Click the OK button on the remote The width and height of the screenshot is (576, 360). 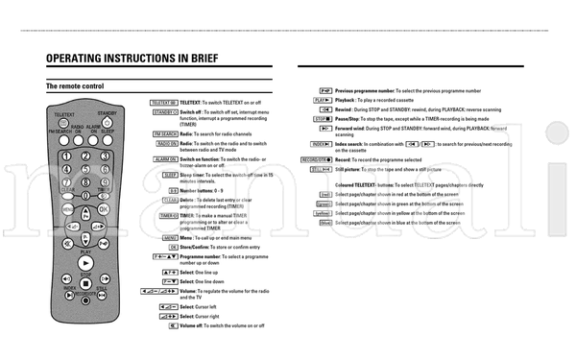[103, 208]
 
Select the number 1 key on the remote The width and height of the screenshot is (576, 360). [66, 156]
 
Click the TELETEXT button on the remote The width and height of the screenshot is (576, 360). [64, 123]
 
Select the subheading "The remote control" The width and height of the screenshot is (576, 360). [75, 86]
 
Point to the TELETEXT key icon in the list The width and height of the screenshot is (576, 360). [164, 102]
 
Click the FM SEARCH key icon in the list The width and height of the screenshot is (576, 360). [165, 133]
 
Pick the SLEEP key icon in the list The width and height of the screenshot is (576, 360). [170, 175]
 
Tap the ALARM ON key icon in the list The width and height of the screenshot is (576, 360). [166, 158]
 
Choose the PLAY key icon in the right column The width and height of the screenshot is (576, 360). [322, 100]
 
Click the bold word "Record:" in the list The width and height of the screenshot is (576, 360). [343, 158]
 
